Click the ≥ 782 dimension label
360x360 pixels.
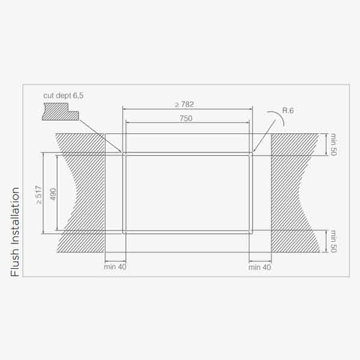click(x=184, y=104)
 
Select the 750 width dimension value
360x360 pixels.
click(x=186, y=119)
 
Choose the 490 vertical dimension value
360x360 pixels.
click(x=53, y=194)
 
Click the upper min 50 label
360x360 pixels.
click(x=334, y=145)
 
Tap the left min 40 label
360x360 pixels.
click(x=115, y=266)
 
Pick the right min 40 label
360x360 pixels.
click(x=260, y=266)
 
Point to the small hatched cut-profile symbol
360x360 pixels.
click(x=60, y=112)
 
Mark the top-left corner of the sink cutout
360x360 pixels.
click(x=124, y=154)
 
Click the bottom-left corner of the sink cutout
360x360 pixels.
click(x=124, y=232)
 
